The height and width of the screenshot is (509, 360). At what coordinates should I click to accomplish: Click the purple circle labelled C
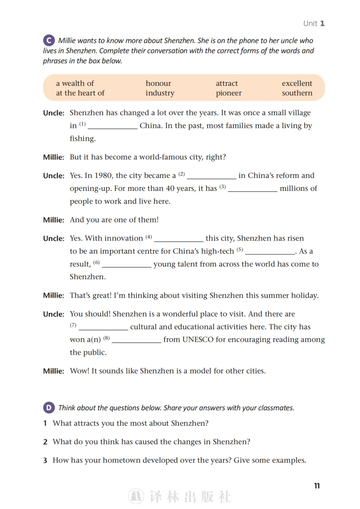[x=49, y=40]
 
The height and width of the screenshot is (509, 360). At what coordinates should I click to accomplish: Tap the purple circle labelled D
[x=49, y=407]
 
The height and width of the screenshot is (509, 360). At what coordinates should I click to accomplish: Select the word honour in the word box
[x=158, y=83]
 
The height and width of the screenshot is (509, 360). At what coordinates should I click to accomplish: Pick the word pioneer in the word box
[x=228, y=93]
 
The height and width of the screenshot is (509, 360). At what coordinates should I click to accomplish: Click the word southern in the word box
[x=297, y=93]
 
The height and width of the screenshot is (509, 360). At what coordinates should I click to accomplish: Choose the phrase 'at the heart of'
[x=80, y=93]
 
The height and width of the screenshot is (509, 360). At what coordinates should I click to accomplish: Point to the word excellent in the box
[x=297, y=83]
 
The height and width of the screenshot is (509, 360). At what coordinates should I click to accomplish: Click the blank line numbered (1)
[x=113, y=127]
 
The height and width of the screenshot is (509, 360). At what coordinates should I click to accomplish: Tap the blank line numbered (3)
[x=252, y=190]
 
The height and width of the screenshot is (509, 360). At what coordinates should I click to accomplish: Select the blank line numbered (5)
[x=270, y=252]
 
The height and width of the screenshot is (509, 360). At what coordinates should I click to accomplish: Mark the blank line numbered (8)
[x=137, y=340]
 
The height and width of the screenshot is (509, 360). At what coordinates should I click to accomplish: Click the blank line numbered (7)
[x=103, y=328]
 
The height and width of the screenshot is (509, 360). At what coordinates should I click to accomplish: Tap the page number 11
[x=317, y=486]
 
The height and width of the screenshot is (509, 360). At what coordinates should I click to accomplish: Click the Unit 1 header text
[x=314, y=23]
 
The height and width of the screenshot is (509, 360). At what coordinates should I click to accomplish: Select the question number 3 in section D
[x=45, y=460]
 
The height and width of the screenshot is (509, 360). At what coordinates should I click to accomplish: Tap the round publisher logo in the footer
[x=136, y=496]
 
